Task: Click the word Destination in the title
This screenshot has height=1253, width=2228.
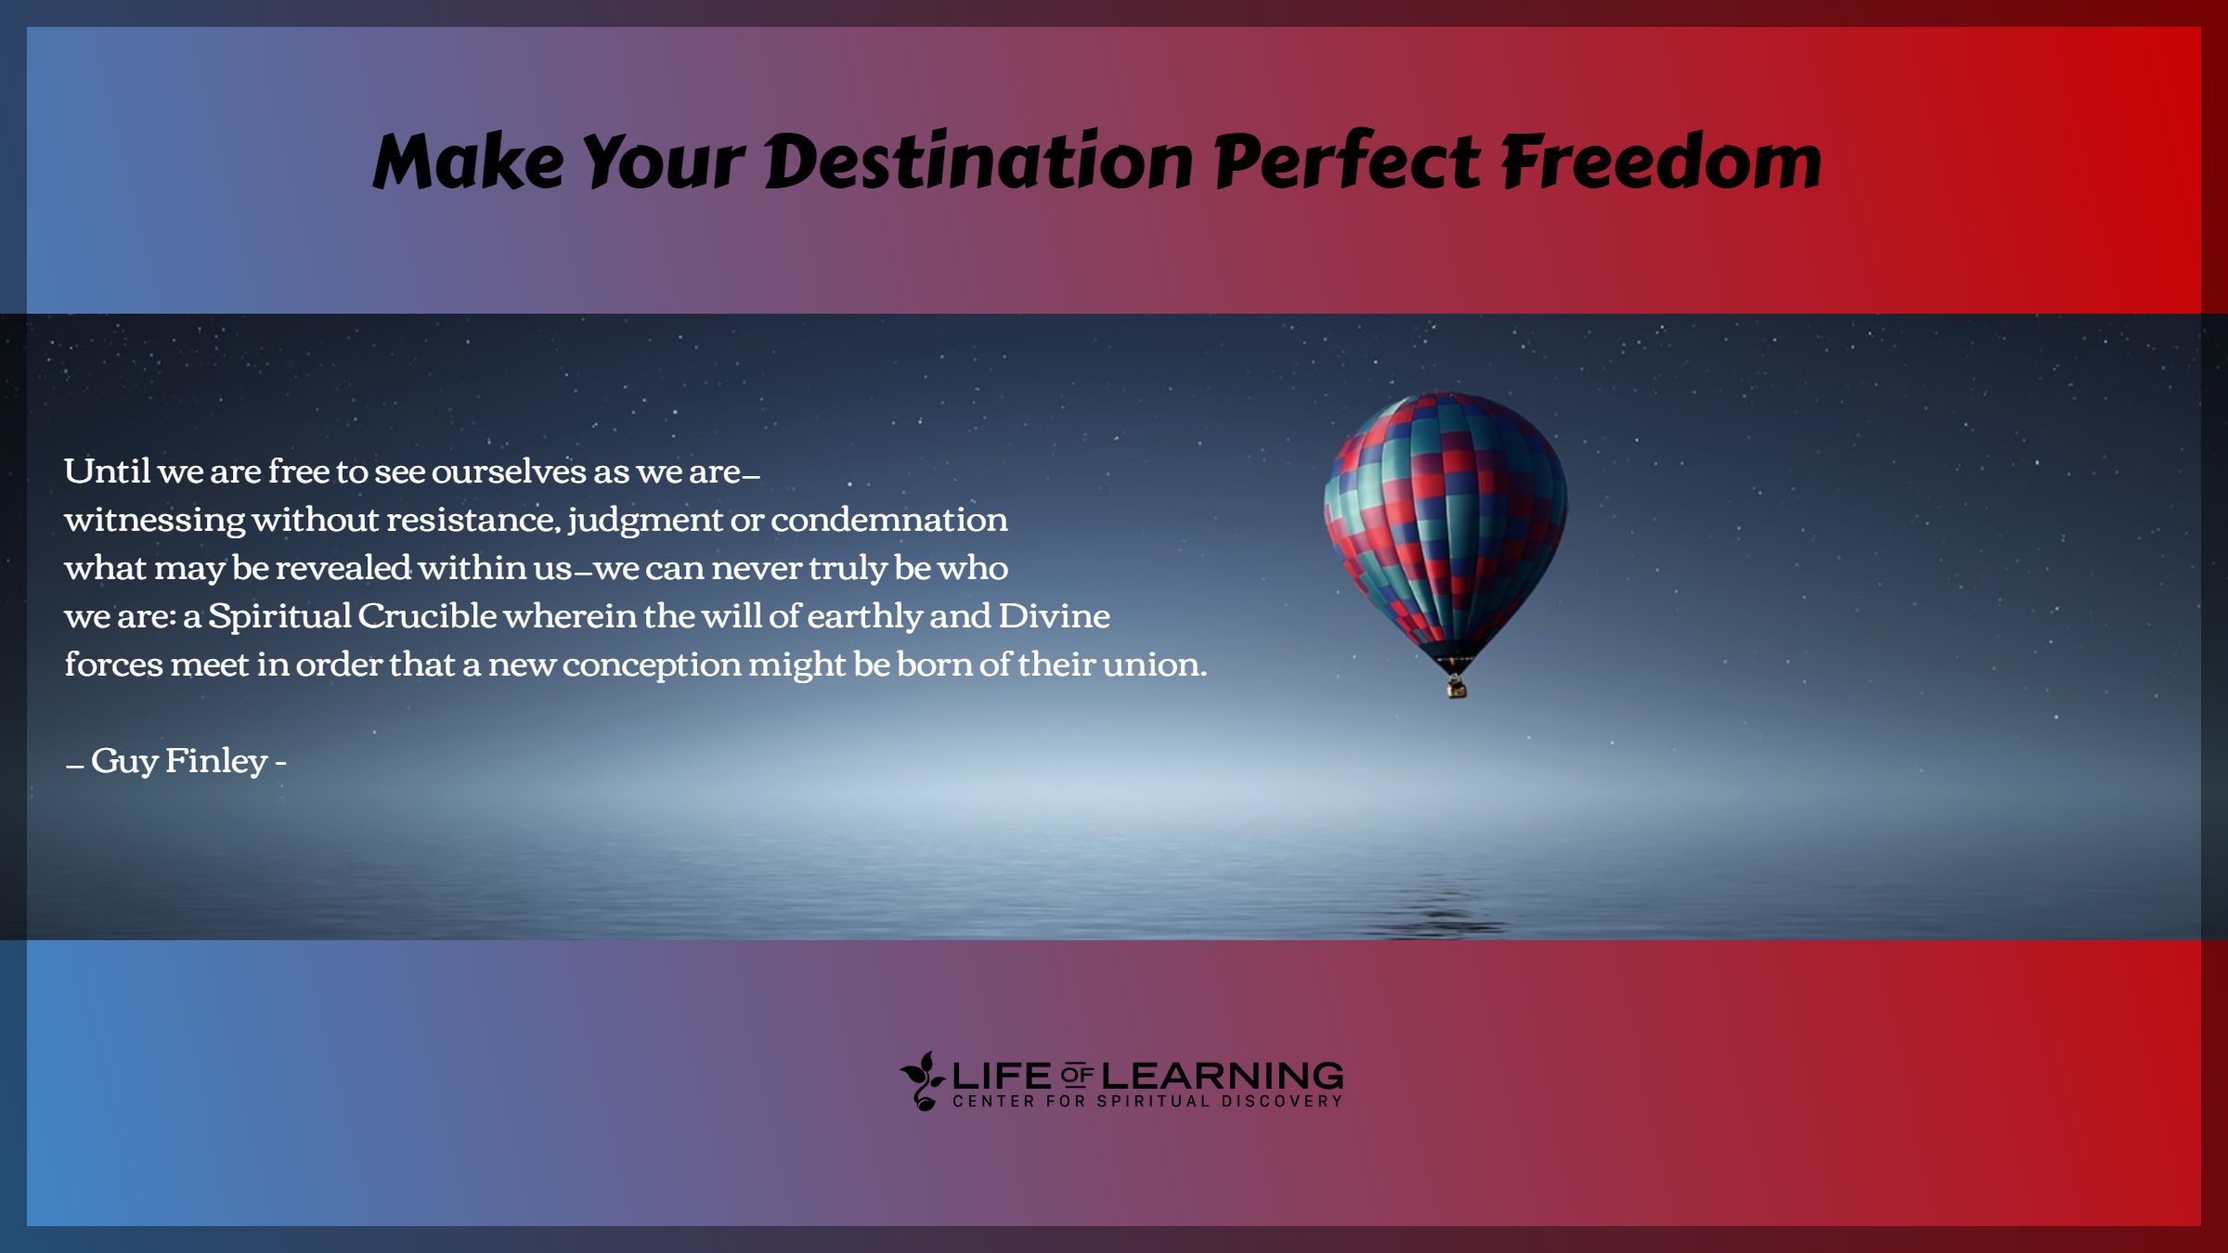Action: [x=978, y=161]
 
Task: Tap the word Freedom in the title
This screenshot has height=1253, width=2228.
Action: [x=1662, y=161]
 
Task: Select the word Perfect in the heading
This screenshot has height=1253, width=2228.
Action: [x=1347, y=161]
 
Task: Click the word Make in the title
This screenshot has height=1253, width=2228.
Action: [x=468, y=161]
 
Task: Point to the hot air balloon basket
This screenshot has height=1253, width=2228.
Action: [x=1457, y=688]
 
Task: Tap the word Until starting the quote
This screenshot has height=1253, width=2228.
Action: [x=107, y=471]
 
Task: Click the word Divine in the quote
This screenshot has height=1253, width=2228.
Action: [x=1054, y=615]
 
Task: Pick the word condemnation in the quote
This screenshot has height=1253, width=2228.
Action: [x=888, y=519]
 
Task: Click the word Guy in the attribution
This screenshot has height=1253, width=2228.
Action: [x=124, y=761]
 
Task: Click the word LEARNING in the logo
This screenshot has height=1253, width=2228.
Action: [x=1222, y=1077]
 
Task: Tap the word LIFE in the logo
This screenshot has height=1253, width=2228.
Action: [x=1002, y=1077]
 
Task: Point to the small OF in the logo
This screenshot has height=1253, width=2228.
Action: [x=1076, y=1077]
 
